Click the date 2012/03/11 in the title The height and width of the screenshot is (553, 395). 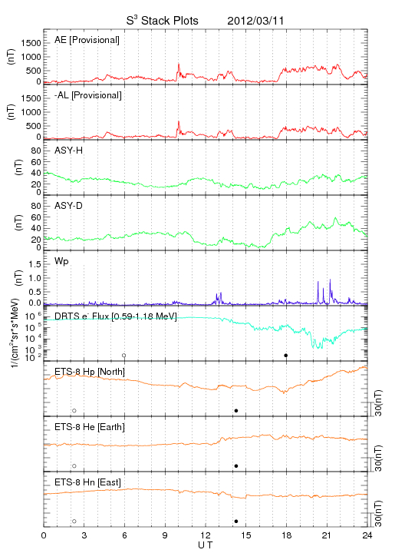[255, 21]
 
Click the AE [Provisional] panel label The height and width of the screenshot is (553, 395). [87, 40]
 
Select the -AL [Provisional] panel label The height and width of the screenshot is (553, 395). [88, 95]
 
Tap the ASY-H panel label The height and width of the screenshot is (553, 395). [69, 151]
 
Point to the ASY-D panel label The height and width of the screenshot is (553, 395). [69, 206]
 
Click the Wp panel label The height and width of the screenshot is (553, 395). [61, 261]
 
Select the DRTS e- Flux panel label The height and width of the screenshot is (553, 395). [116, 316]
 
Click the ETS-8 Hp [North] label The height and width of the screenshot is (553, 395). [90, 372]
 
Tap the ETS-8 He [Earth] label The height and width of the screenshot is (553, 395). [90, 427]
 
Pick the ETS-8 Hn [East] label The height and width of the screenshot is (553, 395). [87, 482]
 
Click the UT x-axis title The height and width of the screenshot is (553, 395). [206, 545]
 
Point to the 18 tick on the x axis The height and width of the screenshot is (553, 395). [287, 535]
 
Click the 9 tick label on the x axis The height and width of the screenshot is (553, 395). [165, 535]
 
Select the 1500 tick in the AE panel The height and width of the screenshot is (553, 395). [31, 43]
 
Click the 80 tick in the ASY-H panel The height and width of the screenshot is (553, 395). [36, 151]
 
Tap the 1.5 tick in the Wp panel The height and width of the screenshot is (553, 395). [35, 264]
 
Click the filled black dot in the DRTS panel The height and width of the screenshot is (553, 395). [286, 355]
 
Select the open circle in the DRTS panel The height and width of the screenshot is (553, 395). [124, 354]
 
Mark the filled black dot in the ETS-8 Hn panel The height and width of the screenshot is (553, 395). [236, 522]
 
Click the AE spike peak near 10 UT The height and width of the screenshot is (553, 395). [179, 64]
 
